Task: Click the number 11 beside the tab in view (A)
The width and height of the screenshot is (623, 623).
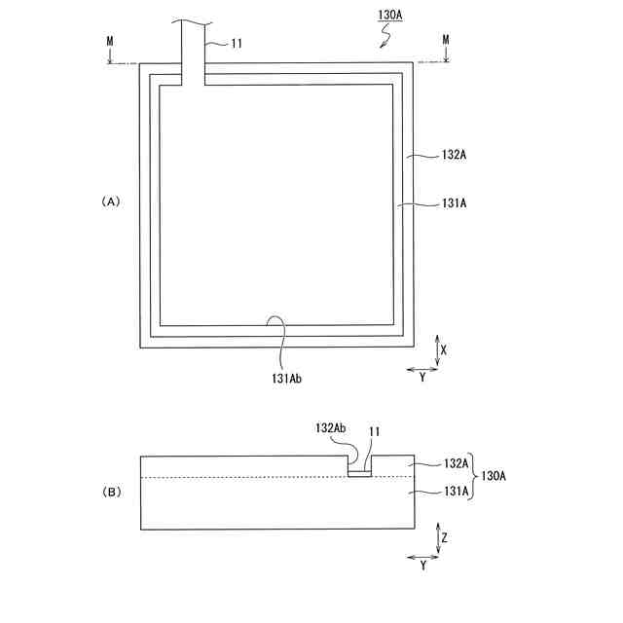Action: click(237, 43)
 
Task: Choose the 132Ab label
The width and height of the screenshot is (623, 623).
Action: click(331, 428)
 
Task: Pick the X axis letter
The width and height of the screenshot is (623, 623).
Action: click(444, 348)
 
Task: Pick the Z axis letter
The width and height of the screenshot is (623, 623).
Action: click(444, 536)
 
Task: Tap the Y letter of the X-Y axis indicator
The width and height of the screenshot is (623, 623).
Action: click(421, 377)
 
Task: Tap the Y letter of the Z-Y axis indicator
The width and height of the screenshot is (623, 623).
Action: click(421, 566)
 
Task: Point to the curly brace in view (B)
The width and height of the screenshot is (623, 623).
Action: click(474, 477)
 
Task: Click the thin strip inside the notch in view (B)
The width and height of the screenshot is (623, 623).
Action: click(360, 474)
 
